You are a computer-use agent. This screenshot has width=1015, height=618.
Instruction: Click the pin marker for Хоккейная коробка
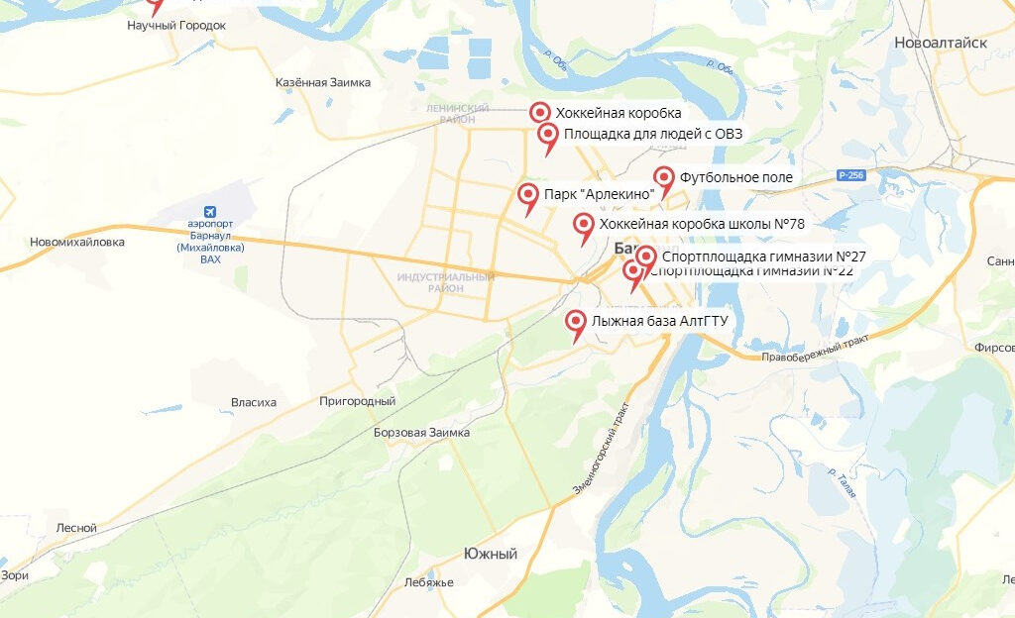[540, 113]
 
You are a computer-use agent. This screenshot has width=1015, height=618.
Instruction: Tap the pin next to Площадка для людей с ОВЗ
[547, 135]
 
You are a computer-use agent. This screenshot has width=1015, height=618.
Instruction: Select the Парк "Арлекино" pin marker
[528, 194]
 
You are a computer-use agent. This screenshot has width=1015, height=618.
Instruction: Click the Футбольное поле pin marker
[664, 177]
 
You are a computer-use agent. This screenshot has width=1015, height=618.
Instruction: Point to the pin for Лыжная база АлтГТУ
[575, 322]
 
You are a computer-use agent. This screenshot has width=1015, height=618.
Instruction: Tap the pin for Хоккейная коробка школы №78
[584, 225]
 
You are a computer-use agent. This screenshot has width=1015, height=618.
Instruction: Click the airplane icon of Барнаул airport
[210, 212]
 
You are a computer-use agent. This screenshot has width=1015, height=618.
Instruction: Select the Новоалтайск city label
[941, 43]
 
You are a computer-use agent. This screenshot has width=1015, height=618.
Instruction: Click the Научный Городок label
[176, 25]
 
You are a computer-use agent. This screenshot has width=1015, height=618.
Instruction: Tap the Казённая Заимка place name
[322, 82]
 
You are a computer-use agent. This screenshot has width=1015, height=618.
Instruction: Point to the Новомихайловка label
[77, 242]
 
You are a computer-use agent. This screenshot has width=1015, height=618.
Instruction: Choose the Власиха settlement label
[254, 402]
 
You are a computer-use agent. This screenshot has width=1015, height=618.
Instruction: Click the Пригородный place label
[357, 401]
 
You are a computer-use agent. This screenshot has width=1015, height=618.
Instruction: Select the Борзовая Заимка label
[421, 433]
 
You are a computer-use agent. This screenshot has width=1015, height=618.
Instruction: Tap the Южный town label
[491, 555]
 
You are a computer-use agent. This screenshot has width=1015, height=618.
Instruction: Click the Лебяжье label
[428, 582]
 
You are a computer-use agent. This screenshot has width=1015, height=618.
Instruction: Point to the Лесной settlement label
[76, 528]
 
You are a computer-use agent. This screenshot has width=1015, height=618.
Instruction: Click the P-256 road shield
[850, 175]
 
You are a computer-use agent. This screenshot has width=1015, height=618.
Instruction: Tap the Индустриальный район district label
[445, 282]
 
